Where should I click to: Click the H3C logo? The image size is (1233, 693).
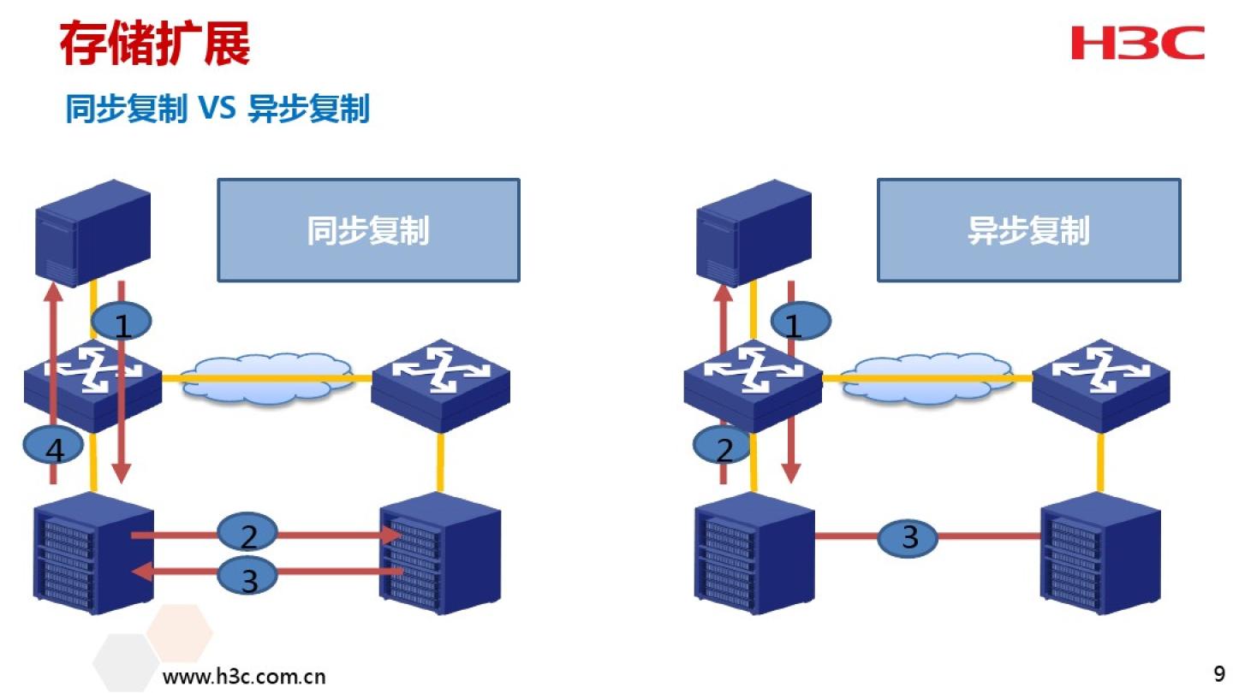pyautogui.click(x=1137, y=43)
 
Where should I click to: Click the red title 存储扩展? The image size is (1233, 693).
pyautogui.click(x=154, y=44)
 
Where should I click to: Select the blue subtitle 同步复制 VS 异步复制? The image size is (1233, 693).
pyautogui.click(x=217, y=110)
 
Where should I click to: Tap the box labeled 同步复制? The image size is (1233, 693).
pyautogui.click(x=368, y=230)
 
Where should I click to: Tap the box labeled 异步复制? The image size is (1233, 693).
pyautogui.click(x=1028, y=230)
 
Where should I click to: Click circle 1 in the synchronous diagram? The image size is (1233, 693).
pyautogui.click(x=122, y=323)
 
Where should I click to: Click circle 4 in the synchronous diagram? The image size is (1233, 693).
pyautogui.click(x=53, y=447)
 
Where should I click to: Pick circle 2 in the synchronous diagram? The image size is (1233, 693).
pyautogui.click(x=248, y=535)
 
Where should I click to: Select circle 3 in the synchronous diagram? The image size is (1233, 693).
pyautogui.click(x=248, y=577)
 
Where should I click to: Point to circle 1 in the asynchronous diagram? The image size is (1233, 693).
pyautogui.click(x=801, y=323)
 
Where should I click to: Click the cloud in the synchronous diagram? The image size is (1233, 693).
pyautogui.click(x=267, y=377)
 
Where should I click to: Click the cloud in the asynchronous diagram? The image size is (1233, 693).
pyautogui.click(x=927, y=377)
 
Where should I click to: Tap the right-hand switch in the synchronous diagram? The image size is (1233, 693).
pyautogui.click(x=440, y=385)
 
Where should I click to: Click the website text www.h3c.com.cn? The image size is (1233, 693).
pyautogui.click(x=244, y=677)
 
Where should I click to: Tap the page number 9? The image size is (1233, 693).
pyautogui.click(x=1219, y=670)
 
